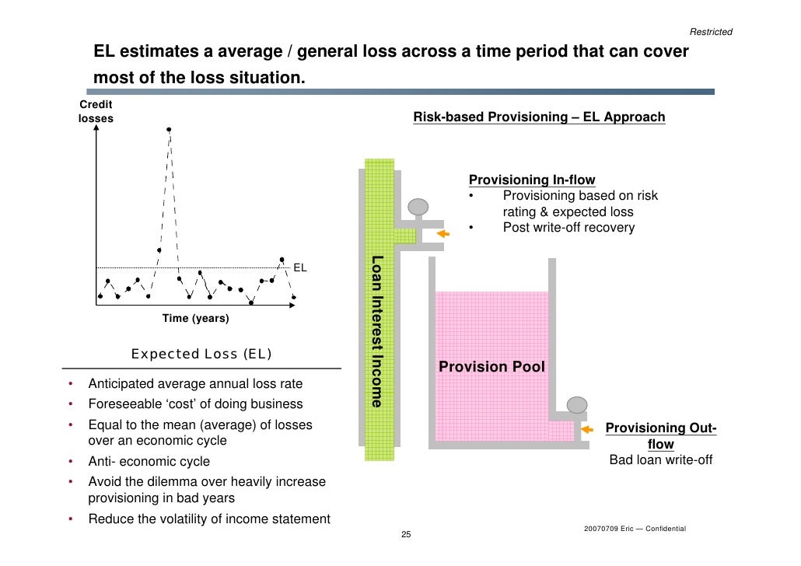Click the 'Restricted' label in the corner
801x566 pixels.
(711, 32)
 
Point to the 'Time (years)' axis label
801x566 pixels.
(195, 319)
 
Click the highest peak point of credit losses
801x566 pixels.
(169, 129)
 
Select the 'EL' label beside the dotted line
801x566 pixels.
(300, 267)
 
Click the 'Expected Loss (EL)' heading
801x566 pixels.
(201, 355)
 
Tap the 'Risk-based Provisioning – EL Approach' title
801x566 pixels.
(539, 117)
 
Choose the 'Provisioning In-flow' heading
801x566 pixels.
(532, 180)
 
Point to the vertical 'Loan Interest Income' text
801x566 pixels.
(377, 331)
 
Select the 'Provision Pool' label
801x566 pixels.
(491, 366)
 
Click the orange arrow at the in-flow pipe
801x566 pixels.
(443, 233)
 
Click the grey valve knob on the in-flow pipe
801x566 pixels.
(418, 207)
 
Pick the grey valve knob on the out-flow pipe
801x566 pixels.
(576, 404)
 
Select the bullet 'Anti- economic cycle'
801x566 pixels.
(149, 461)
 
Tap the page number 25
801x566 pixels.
(405, 536)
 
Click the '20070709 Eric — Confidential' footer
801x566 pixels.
(634, 529)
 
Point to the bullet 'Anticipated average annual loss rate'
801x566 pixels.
(195, 384)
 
